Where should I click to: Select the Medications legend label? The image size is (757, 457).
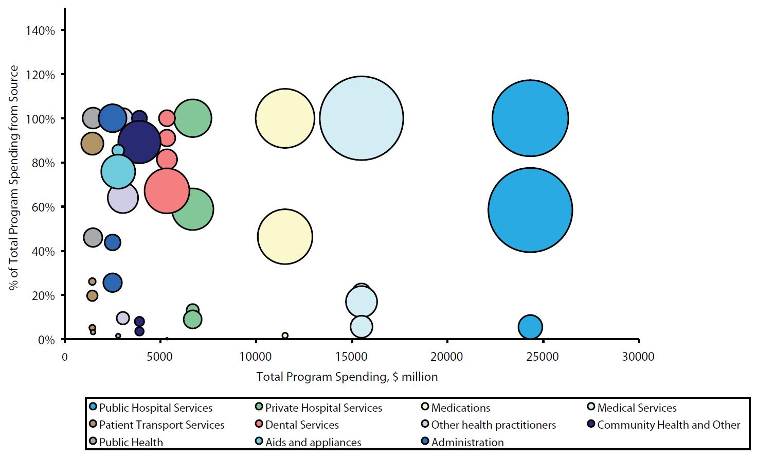pyautogui.click(x=460, y=408)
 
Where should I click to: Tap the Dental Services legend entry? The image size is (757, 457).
pyautogui.click(x=302, y=425)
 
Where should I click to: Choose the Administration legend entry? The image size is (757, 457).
pyautogui.click(x=467, y=443)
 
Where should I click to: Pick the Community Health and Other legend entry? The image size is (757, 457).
pyautogui.click(x=668, y=425)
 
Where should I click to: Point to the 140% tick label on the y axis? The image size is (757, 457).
pyautogui.click(x=40, y=31)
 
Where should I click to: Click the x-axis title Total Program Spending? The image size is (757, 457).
pyautogui.click(x=347, y=377)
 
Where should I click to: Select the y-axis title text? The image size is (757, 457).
pyautogui.click(x=14, y=178)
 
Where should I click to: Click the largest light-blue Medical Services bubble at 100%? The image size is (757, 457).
pyautogui.click(x=362, y=118)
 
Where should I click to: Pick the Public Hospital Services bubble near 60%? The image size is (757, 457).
pyautogui.click(x=530, y=210)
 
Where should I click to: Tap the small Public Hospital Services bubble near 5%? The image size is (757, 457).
pyautogui.click(x=530, y=327)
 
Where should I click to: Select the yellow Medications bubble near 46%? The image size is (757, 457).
pyautogui.click(x=285, y=237)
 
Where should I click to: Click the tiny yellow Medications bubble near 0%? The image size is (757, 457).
pyautogui.click(x=285, y=336)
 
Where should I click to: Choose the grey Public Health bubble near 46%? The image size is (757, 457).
pyautogui.click(x=93, y=237)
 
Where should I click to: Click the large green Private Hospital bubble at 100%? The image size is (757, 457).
pyautogui.click(x=193, y=118)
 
